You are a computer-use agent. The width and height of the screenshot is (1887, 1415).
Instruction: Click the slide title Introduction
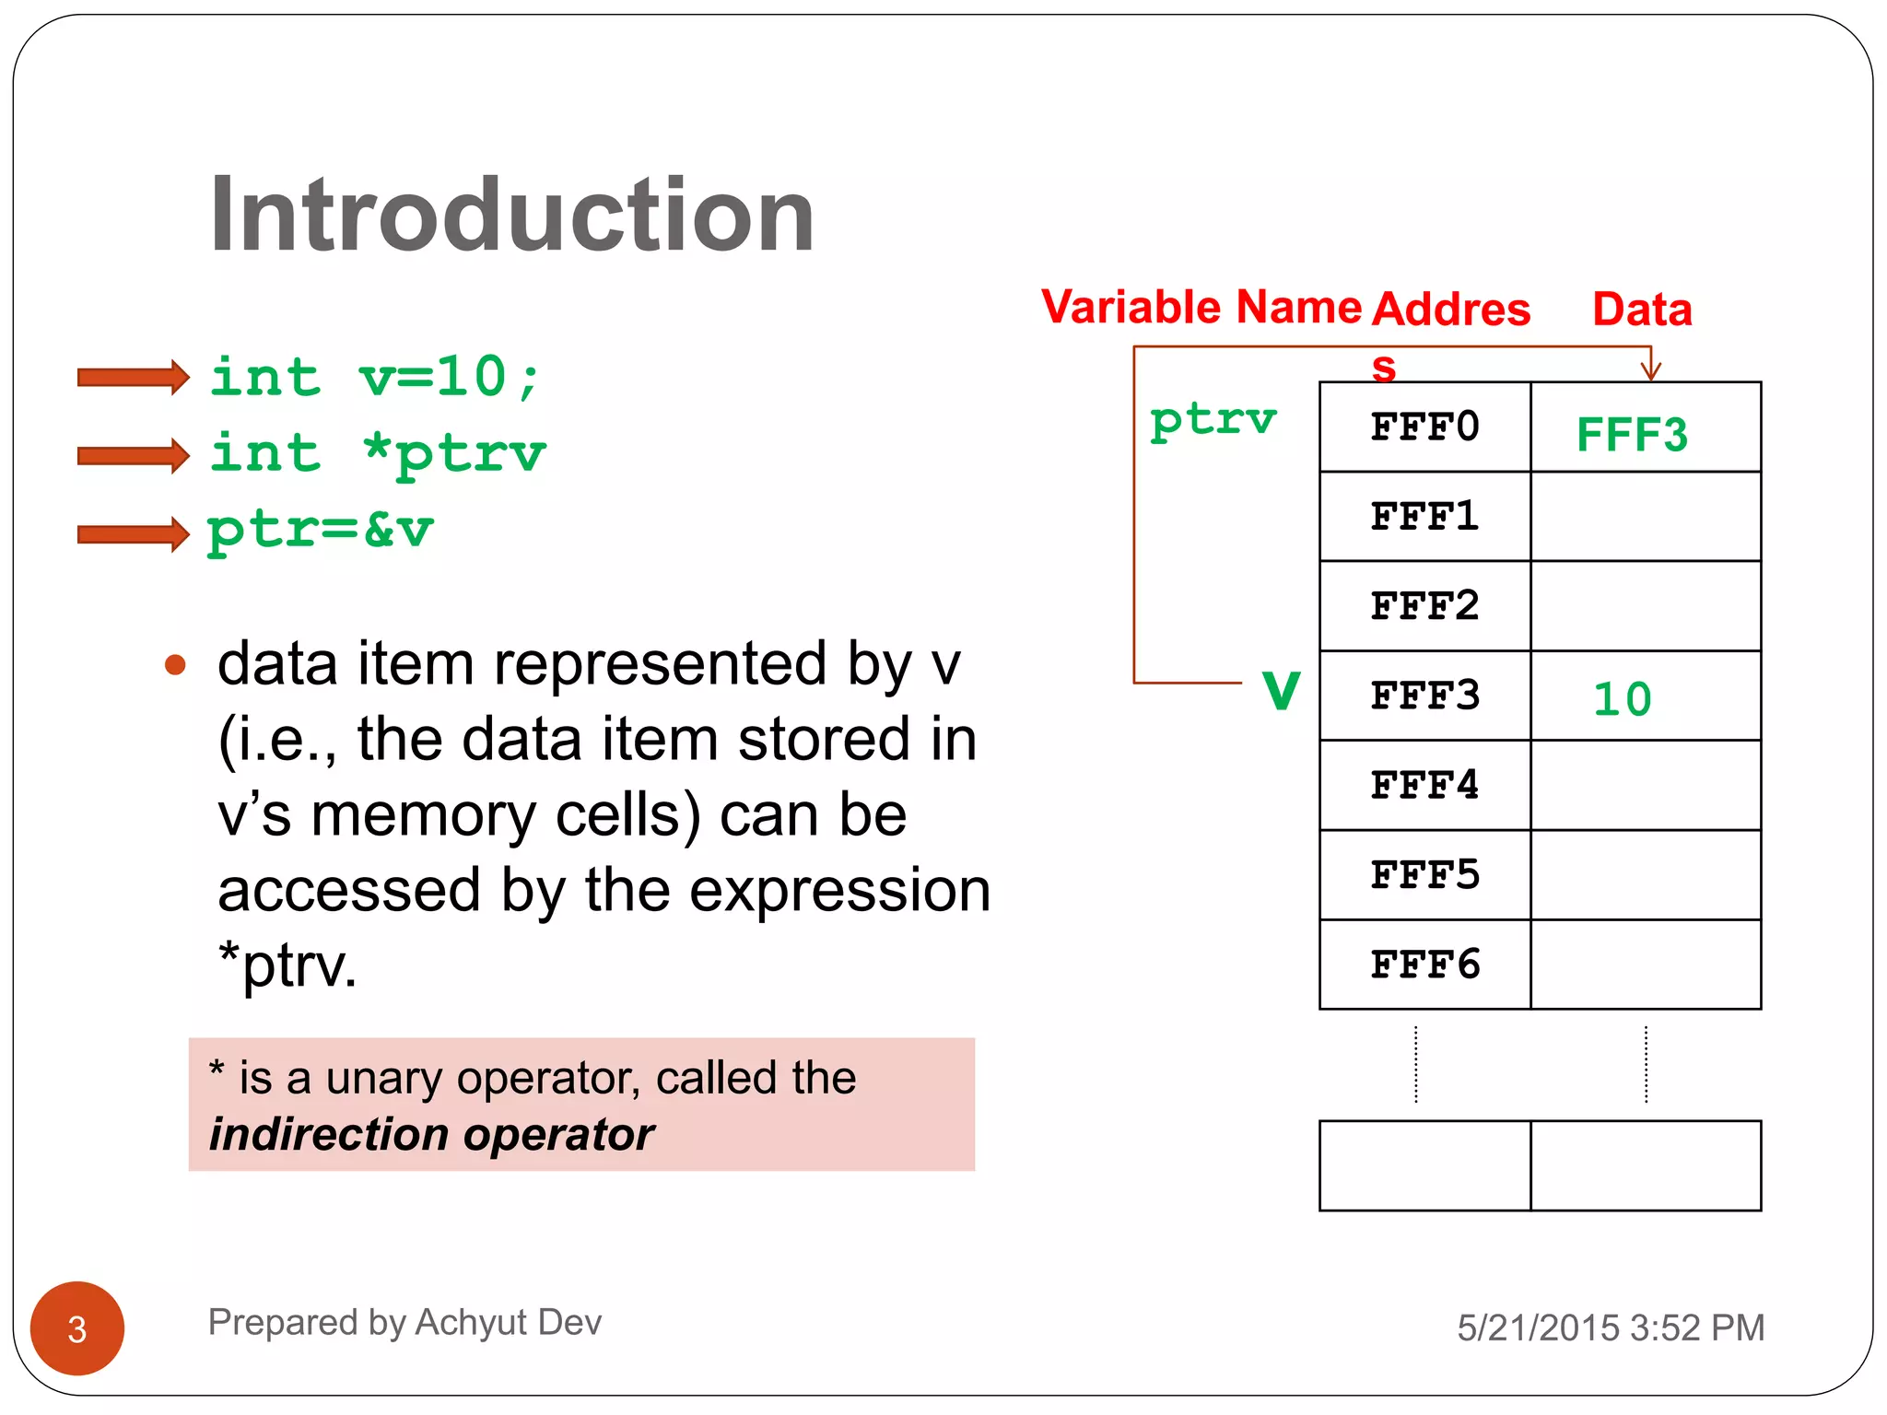tap(511, 215)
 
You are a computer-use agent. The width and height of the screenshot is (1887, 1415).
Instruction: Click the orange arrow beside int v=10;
tap(134, 377)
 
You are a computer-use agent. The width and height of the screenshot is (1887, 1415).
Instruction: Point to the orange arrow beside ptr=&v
tap(134, 533)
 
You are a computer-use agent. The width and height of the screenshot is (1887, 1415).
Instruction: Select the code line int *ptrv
tap(378, 454)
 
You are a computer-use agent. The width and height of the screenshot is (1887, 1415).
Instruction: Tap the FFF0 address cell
tap(1424, 427)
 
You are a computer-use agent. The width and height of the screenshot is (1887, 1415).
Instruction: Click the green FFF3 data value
tap(1632, 435)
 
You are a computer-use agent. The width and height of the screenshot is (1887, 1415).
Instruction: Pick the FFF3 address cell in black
tap(1424, 696)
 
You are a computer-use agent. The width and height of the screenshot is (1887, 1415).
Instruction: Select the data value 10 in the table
tap(1623, 699)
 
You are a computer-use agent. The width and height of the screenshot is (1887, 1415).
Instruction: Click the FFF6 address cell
tap(1424, 965)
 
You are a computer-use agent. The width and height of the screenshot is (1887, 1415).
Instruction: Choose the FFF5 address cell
tap(1424, 875)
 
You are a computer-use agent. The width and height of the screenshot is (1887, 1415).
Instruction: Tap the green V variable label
tap(1281, 691)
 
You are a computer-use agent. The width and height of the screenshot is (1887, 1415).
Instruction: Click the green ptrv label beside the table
tap(1213, 421)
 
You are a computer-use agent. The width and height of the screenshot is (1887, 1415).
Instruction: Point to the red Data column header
tap(1642, 310)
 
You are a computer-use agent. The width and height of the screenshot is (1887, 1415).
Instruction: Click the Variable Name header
tap(1201, 307)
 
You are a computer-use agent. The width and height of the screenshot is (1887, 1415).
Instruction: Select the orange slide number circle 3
tap(77, 1328)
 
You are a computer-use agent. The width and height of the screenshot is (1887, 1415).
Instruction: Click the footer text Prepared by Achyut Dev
tap(404, 1322)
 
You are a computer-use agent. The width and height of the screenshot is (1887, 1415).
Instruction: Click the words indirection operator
tap(431, 1134)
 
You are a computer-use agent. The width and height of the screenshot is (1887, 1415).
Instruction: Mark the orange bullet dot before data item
tap(175, 664)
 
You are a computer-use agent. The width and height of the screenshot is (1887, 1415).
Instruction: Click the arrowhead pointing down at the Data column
tap(1650, 369)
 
